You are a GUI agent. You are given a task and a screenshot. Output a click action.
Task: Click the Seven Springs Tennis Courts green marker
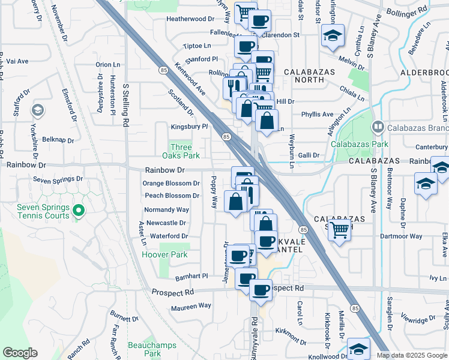(78, 210)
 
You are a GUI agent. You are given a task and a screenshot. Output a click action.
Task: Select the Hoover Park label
(164, 254)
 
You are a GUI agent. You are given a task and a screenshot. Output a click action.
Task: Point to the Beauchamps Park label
(144, 349)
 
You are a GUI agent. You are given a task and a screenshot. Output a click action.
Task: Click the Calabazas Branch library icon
(378, 127)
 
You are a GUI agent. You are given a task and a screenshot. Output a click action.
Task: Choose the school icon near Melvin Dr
(332, 36)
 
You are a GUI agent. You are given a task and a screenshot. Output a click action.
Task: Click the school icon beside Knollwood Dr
(358, 349)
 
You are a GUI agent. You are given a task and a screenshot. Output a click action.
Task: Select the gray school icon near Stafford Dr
(37, 110)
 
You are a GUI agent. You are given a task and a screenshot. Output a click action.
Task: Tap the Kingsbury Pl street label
(189, 127)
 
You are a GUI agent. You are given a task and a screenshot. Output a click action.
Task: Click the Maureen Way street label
(191, 305)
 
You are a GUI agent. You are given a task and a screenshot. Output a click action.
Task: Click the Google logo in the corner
(20, 353)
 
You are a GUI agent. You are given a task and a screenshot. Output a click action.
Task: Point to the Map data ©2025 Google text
(412, 355)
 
